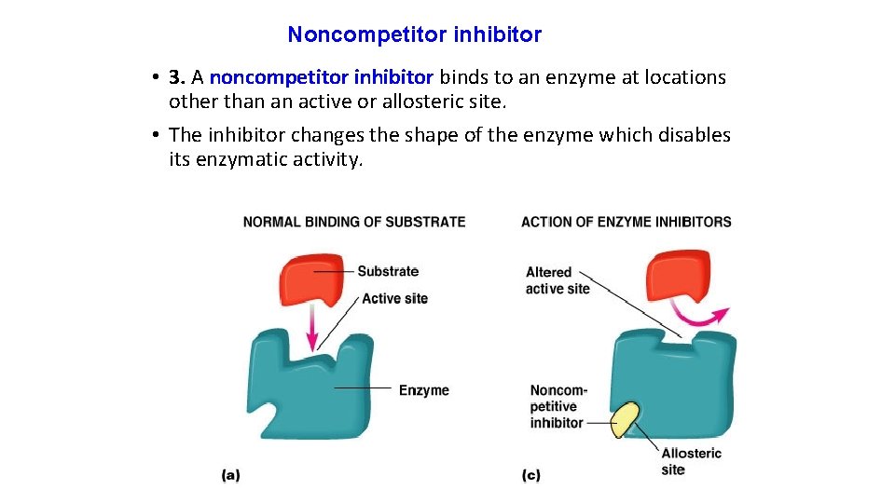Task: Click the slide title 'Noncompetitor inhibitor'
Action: pos(414,35)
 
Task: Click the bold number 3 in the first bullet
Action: pos(175,77)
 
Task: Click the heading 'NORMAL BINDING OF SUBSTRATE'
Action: pos(354,222)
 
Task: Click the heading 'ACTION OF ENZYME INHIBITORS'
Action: pos(626,222)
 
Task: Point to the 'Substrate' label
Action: pos(388,271)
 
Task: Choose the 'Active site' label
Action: pos(394,298)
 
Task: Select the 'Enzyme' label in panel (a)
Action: pos(423,389)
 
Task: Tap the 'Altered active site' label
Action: pos(558,280)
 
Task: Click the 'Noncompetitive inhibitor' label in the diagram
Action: pos(558,406)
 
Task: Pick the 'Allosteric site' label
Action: pos(691,461)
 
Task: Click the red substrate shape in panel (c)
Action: pos(678,276)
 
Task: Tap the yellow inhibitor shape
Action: pos(626,420)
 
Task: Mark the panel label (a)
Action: pos(230,475)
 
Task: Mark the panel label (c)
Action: pos(530,475)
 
